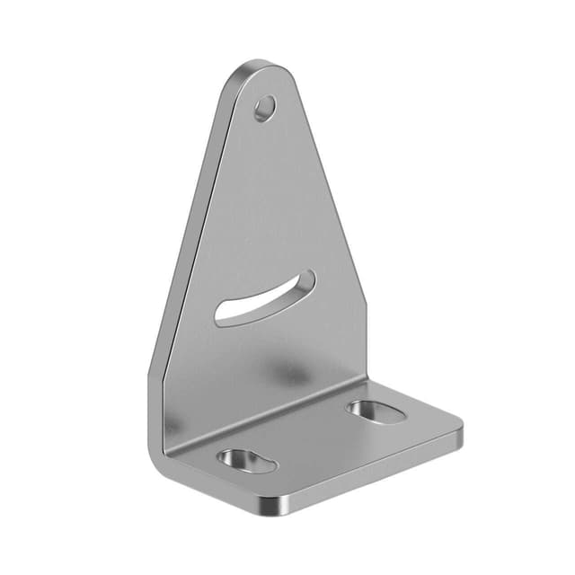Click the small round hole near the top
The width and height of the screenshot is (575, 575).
[x=263, y=110]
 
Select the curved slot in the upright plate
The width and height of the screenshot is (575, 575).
[x=265, y=297]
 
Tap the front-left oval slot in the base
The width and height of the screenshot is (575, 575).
[x=245, y=460]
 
